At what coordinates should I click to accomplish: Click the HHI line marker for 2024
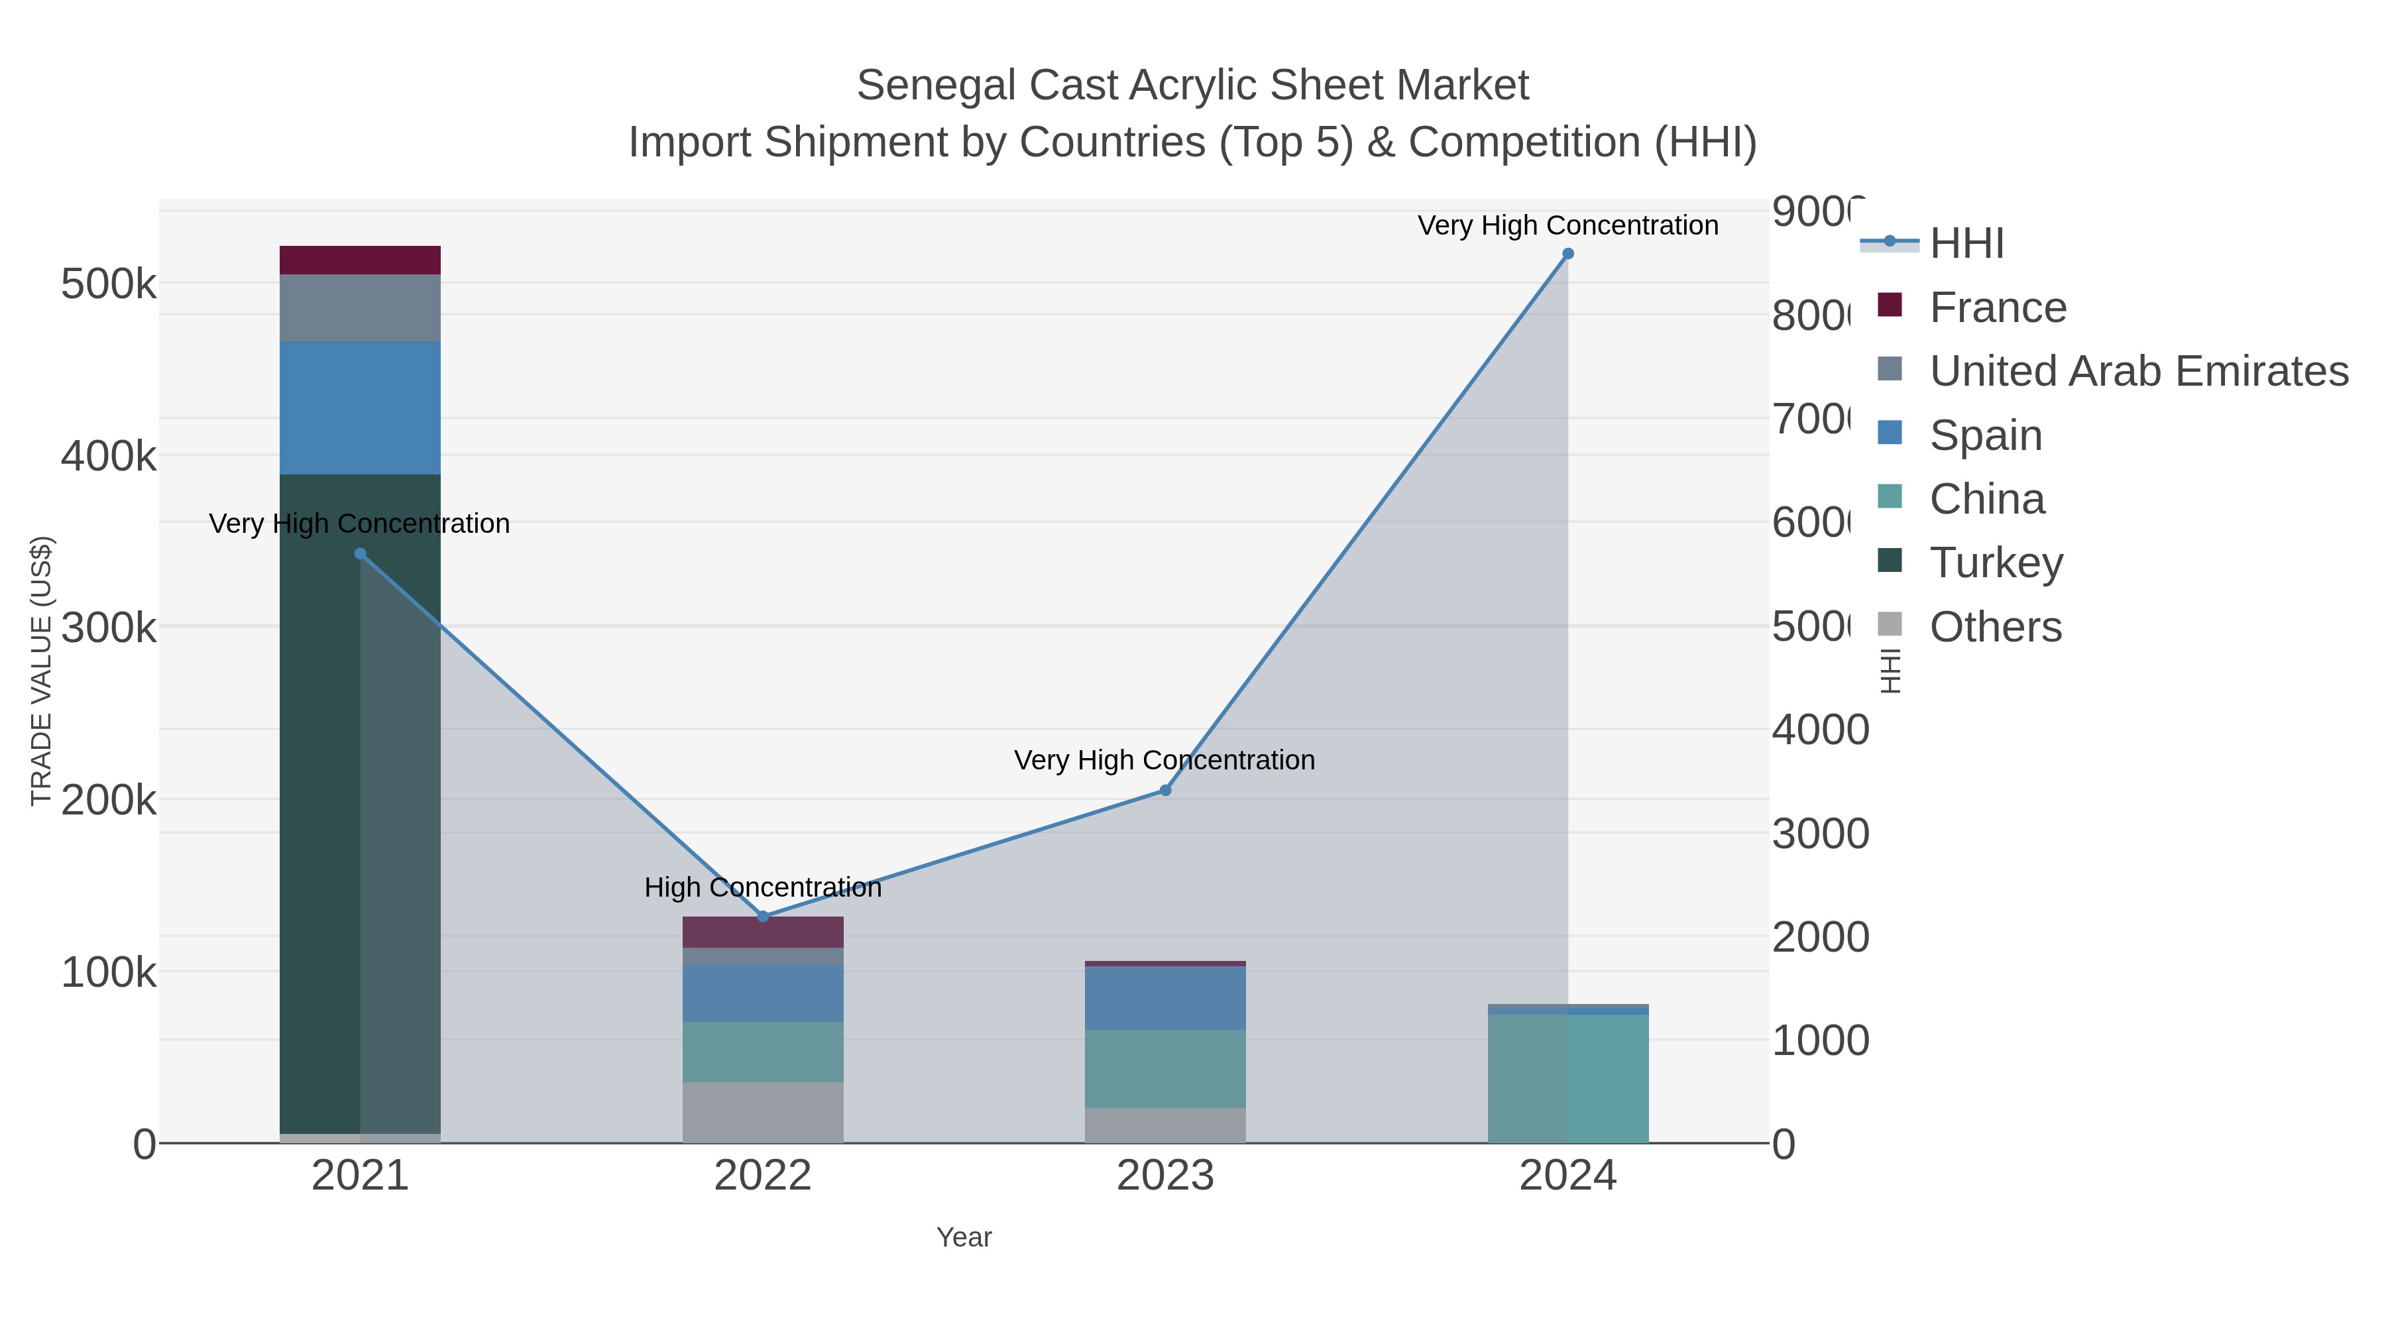[1567, 254]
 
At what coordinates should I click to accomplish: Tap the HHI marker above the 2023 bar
[1165, 790]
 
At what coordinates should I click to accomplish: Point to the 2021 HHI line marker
[361, 554]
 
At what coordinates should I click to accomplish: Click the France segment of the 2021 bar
[361, 260]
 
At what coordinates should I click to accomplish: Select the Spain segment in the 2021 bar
[361, 408]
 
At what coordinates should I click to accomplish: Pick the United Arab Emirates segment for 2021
[361, 308]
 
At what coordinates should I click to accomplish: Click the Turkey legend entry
[1996, 562]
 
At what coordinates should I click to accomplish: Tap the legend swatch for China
[1890, 496]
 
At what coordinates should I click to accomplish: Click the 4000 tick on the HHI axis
[1820, 730]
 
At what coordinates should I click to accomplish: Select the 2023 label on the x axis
[1165, 1175]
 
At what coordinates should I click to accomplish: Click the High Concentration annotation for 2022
[762, 887]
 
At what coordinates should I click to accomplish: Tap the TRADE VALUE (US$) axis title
[42, 671]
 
